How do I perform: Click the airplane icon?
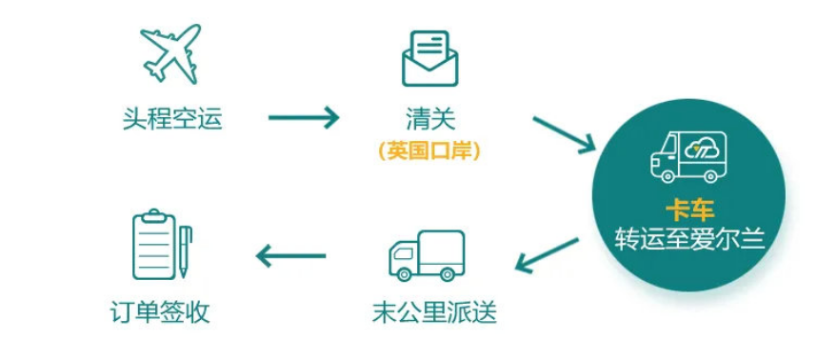(x=171, y=51)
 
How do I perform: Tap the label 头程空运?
(x=172, y=119)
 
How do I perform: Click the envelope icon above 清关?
(x=429, y=58)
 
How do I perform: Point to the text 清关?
(x=430, y=119)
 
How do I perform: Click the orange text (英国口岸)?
(x=429, y=150)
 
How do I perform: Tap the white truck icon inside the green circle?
(x=687, y=157)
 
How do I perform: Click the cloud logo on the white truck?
(x=704, y=149)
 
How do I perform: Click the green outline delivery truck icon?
(x=426, y=255)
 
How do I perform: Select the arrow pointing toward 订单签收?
(x=291, y=255)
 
